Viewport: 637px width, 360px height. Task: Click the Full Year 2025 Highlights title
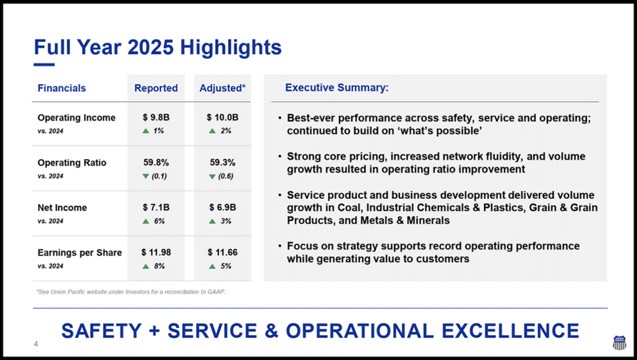[157, 47]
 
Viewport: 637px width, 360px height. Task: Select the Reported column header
[156, 88]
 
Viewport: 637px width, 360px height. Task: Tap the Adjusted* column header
[222, 88]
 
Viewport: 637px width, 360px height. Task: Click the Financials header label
[62, 88]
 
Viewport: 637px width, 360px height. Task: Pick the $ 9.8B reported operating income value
[156, 118]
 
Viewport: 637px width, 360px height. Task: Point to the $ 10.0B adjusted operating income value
[223, 118]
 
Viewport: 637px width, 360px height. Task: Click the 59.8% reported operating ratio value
[156, 162]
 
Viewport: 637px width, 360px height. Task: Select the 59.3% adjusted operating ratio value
[223, 162]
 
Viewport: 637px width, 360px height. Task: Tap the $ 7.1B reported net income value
[156, 208]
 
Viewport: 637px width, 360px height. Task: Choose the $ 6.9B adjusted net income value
[223, 208]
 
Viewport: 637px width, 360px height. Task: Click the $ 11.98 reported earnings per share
[156, 252]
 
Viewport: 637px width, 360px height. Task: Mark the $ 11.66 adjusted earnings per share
[223, 252]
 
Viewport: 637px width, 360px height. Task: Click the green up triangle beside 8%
[146, 267]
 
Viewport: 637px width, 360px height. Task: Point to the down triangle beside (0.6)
[212, 176]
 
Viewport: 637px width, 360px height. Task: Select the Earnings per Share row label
[80, 252]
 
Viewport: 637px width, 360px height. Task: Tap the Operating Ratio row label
[72, 162]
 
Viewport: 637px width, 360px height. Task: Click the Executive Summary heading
[337, 88]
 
